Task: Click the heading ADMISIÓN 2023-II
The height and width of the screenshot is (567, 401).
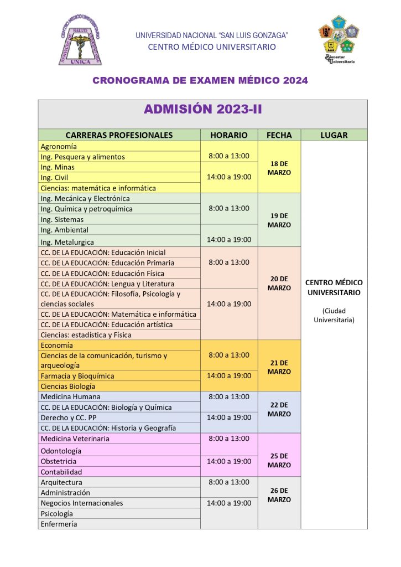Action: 202,109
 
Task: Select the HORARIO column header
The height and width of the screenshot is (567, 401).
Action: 228,135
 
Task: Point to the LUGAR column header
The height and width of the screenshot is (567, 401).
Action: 334,135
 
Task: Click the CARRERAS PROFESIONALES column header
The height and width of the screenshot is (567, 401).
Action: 119,135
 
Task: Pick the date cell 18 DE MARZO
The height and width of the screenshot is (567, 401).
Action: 279,168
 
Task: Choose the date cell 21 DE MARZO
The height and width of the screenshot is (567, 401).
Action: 279,367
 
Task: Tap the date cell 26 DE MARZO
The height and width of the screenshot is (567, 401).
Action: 279,495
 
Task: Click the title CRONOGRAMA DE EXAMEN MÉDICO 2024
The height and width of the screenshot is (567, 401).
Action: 200,81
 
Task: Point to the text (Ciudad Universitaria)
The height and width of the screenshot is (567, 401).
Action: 334,315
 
